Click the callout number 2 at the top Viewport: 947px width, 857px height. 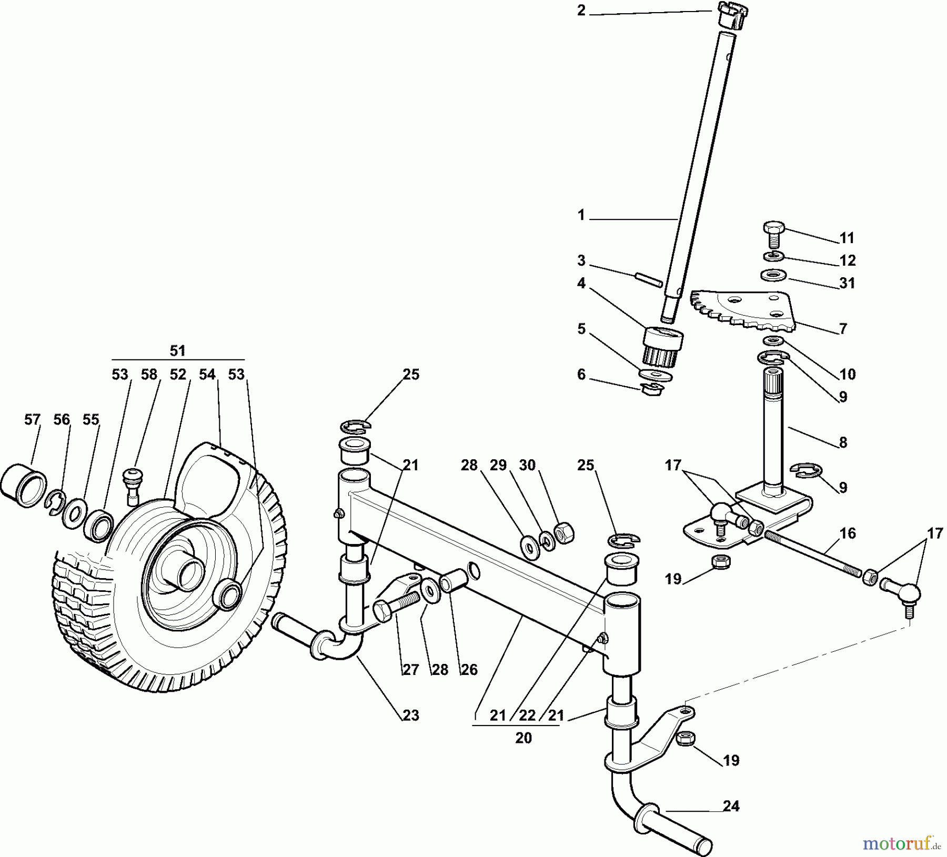point(581,11)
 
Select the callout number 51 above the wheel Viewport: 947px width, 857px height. point(178,350)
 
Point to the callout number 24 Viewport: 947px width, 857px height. point(731,806)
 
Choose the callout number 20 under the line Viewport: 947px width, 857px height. point(523,738)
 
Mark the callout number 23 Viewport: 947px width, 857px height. point(411,715)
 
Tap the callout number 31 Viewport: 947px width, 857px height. point(847,283)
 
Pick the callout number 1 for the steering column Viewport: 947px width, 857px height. point(581,215)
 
